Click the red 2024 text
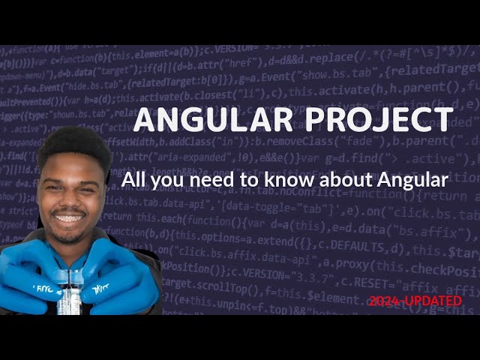(x=385, y=301)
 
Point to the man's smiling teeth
(x=69, y=218)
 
